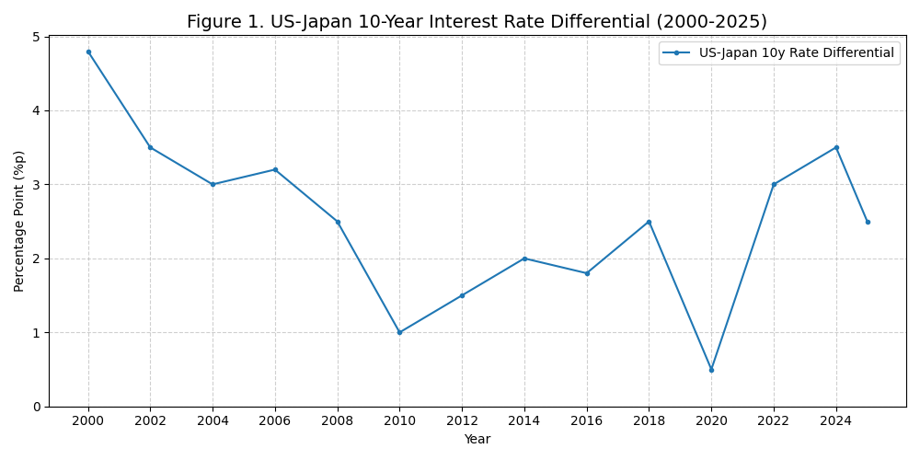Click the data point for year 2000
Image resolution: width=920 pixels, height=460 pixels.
[88, 52]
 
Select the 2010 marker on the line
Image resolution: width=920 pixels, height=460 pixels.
[399, 332]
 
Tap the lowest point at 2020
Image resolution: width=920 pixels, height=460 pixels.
[711, 370]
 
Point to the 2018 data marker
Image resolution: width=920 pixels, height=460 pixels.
[649, 222]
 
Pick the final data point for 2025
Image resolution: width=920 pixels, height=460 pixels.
[868, 222]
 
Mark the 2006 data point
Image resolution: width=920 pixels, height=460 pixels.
[275, 169]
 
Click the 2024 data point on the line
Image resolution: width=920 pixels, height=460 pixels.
[836, 147]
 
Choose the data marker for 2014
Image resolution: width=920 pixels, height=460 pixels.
[524, 259]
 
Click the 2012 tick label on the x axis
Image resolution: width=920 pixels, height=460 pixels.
[462, 421]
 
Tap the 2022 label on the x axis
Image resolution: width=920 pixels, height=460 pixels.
[774, 421]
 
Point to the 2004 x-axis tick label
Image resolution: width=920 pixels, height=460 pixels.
[213, 421]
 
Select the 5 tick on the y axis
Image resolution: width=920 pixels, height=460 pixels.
[36, 37]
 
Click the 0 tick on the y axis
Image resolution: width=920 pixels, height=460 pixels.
[36, 407]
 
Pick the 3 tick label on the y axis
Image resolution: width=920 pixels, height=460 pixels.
[36, 185]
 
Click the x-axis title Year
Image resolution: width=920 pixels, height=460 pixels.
[477, 440]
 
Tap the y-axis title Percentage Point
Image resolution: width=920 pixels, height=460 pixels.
[19, 221]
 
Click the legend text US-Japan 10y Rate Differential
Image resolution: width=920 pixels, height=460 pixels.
[796, 53]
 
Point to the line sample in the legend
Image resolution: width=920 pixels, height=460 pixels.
[676, 53]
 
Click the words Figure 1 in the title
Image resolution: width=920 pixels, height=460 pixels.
[221, 22]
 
